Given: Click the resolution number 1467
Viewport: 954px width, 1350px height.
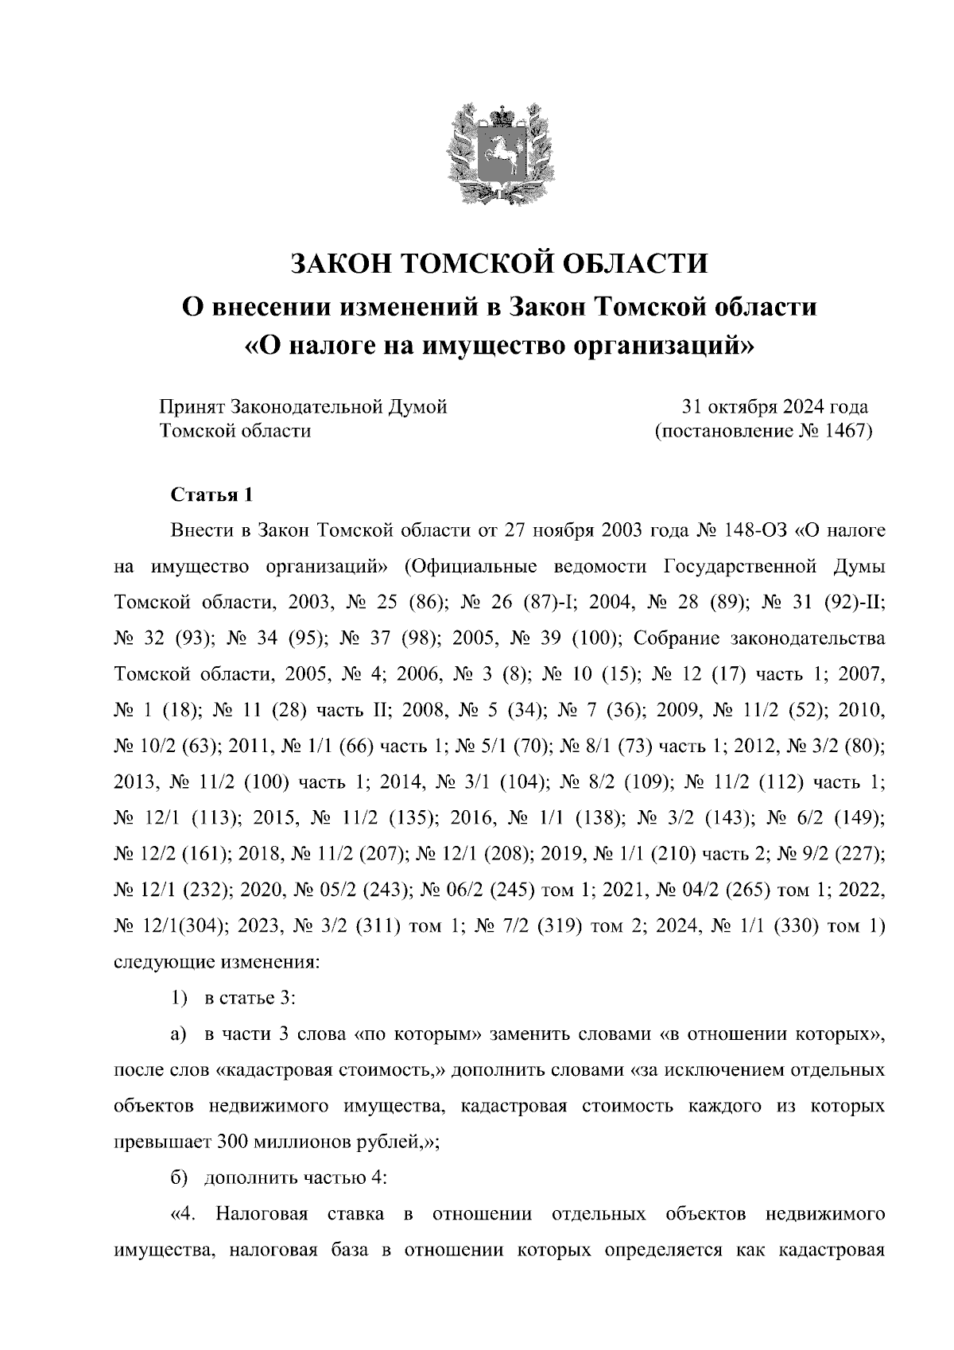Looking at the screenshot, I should [849, 432].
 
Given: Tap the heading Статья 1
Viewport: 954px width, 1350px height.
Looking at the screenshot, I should [212, 495].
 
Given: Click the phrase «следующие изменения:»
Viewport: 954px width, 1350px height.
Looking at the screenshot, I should [217, 961].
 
